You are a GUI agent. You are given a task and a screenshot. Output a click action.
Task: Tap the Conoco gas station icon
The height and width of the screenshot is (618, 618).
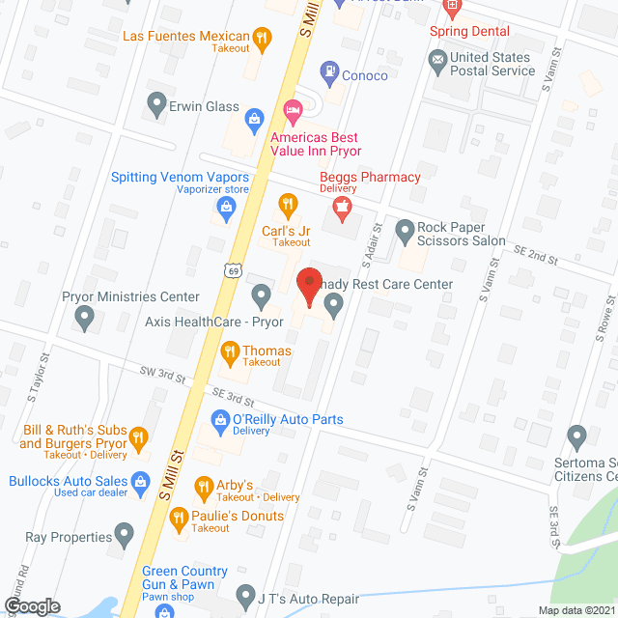coord(329,71)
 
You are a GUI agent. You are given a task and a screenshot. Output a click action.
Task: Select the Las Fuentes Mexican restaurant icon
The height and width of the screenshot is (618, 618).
coord(261,39)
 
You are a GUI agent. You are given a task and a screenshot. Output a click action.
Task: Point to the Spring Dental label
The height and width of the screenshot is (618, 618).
coord(469,31)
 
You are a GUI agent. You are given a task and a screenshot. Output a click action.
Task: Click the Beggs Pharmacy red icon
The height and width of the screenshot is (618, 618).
coord(340,205)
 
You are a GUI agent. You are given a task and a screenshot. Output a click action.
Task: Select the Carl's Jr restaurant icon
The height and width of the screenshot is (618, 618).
coord(287,204)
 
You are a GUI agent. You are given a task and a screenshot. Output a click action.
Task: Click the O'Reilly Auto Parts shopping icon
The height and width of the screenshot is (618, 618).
coord(219,419)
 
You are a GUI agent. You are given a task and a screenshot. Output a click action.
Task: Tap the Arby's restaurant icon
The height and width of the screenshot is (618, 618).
coord(203,486)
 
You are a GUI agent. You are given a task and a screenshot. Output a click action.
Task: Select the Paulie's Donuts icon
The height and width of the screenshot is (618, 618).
coord(178,518)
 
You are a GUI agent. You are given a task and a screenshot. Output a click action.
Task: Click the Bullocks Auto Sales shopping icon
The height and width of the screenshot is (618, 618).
coord(140,480)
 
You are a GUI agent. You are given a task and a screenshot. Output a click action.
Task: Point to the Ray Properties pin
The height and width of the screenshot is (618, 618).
coord(124,532)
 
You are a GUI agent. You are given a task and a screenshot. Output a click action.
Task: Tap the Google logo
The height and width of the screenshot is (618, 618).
coord(32,606)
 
